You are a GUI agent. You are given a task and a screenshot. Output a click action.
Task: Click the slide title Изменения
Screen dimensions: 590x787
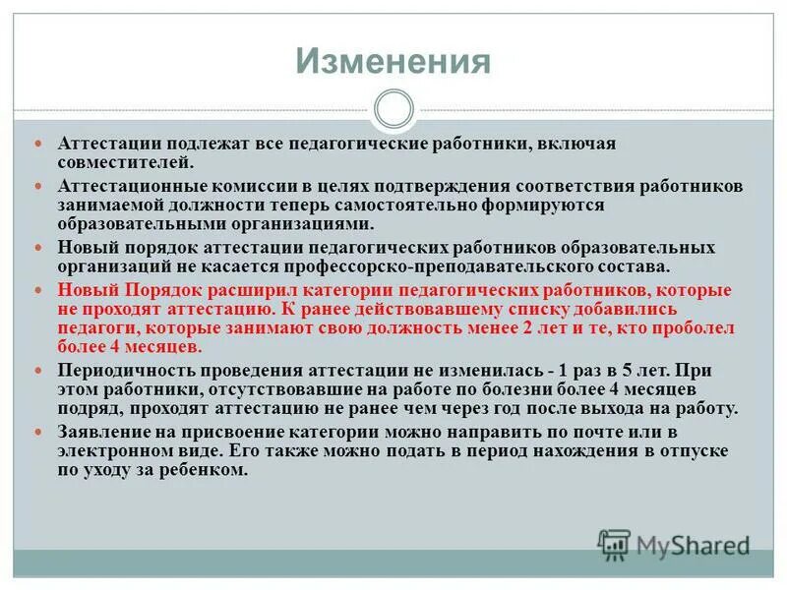tap(393, 61)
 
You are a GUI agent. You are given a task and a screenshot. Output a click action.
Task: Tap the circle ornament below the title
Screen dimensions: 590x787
tap(393, 109)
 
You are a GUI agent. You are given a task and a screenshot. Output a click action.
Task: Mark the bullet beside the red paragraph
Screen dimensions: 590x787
tap(40, 292)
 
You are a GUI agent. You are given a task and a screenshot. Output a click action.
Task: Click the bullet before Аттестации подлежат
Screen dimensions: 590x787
tap(40, 144)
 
